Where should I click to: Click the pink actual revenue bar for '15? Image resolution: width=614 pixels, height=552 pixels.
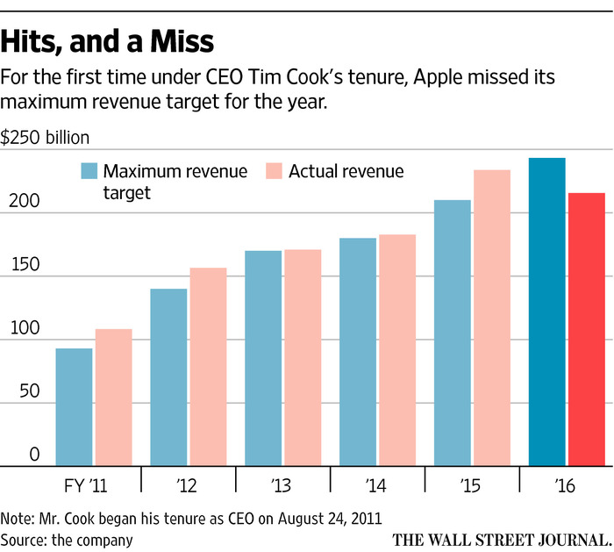[492, 317]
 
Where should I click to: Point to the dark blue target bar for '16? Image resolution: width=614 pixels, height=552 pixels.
[547, 312]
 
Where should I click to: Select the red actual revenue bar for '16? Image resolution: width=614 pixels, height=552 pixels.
[587, 328]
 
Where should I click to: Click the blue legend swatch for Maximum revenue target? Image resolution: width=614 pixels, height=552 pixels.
[89, 170]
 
